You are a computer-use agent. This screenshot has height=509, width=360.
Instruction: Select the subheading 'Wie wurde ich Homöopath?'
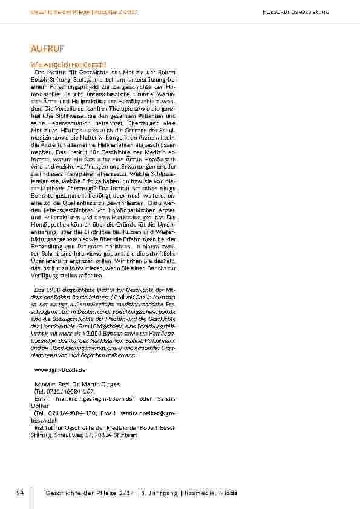tap(68, 64)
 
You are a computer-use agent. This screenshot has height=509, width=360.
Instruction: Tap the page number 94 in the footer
tap(20, 493)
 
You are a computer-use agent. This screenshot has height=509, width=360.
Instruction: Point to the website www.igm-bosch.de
tap(60, 369)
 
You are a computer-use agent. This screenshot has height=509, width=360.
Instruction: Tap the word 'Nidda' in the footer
tap(227, 493)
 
